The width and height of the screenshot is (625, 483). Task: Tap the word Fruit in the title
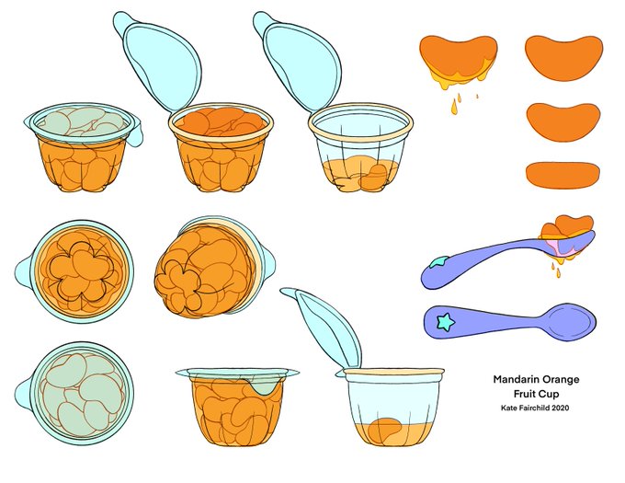click(523, 394)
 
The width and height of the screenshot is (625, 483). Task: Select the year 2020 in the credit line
click(560, 408)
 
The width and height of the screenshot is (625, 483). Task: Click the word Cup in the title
click(549, 394)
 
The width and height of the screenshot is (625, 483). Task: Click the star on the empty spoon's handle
click(446, 321)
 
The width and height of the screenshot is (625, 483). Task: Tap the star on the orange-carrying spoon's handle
click(439, 262)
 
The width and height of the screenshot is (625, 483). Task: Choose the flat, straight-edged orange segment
click(562, 175)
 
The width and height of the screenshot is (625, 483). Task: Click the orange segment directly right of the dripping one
click(563, 58)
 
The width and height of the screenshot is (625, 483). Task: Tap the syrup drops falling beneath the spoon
click(556, 270)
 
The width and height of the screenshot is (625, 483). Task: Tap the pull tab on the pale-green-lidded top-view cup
click(23, 394)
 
